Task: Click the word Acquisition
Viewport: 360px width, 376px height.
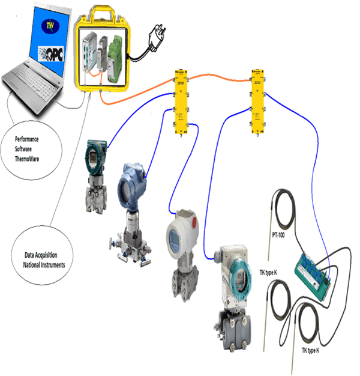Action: pyautogui.click(x=46, y=255)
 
